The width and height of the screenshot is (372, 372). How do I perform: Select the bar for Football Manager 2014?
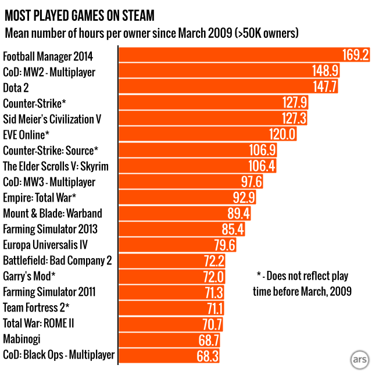[233, 55]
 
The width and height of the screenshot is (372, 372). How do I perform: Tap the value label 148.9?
[325, 71]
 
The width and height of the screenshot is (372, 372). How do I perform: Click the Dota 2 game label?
[16, 88]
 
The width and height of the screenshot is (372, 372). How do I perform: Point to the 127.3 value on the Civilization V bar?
[294, 119]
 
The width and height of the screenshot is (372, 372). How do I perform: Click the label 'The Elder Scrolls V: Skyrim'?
[56, 166]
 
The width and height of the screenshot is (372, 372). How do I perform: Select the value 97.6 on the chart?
[252, 182]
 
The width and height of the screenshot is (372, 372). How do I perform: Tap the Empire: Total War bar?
[180, 198]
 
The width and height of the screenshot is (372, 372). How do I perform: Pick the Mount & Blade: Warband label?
[52, 213]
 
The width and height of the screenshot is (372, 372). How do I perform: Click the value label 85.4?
[233, 230]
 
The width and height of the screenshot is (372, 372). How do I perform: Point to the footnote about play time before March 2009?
[303, 282]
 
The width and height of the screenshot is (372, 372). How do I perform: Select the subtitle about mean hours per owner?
[152, 33]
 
